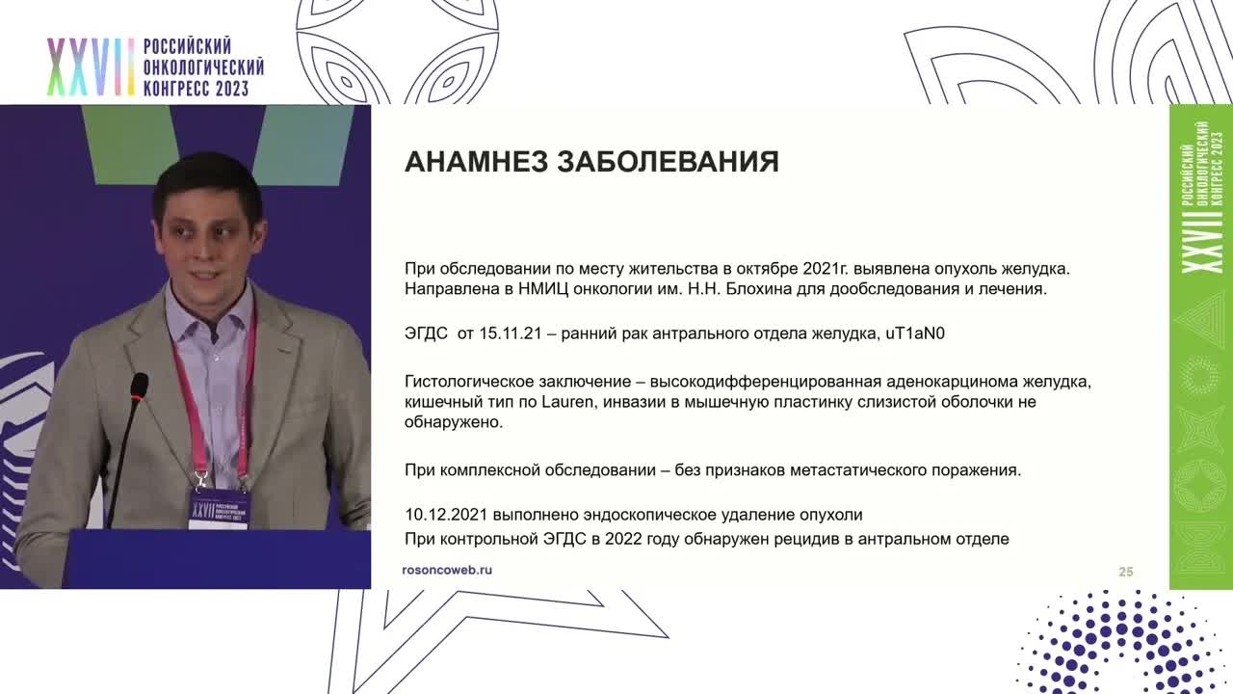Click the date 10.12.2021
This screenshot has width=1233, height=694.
coord(448,515)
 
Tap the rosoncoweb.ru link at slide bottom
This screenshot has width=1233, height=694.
coord(447,570)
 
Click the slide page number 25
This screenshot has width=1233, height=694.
coord(1125,572)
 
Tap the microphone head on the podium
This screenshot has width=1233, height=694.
coord(139,387)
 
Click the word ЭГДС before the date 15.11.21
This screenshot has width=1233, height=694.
coord(426,334)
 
